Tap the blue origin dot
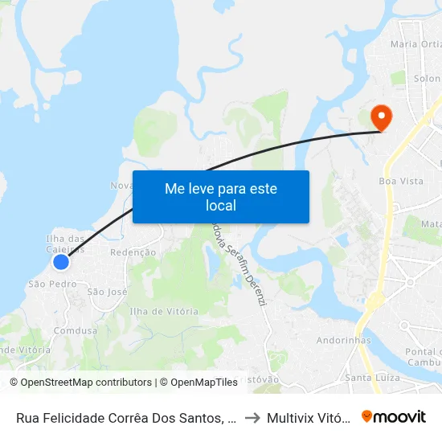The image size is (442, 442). pos(60,261)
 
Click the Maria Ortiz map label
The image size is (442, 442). pos(415,44)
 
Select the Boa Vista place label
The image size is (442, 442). pos(401,182)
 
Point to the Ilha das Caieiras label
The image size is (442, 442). pos(65,244)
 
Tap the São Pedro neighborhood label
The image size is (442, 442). pos(52,284)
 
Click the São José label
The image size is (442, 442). pos(107,292)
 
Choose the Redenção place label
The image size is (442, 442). pos(132,252)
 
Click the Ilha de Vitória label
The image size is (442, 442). pos(164,311)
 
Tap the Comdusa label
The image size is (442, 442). pos(76,330)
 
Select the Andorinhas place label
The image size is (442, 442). pos(343,340)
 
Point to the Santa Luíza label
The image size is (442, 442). pos(372,377)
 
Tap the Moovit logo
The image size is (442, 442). pos(394,416)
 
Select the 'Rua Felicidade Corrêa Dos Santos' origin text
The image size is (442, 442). pos(124,417)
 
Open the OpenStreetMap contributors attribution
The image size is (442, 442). pos(80,383)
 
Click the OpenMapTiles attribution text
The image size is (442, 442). pos(198,383)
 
